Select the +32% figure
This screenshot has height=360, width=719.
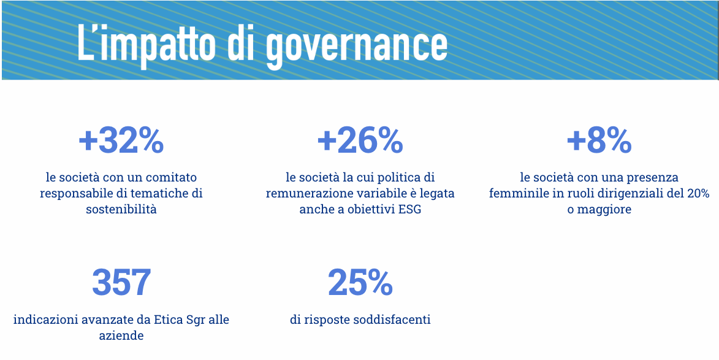[121, 141]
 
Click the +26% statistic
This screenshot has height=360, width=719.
[360, 141]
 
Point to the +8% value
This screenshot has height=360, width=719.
[599, 141]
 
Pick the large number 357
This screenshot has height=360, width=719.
[121, 283]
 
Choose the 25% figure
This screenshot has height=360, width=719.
[360, 283]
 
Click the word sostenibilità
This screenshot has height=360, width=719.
[121, 210]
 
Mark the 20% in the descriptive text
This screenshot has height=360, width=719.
[698, 194]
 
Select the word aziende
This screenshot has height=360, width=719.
[121, 335]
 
